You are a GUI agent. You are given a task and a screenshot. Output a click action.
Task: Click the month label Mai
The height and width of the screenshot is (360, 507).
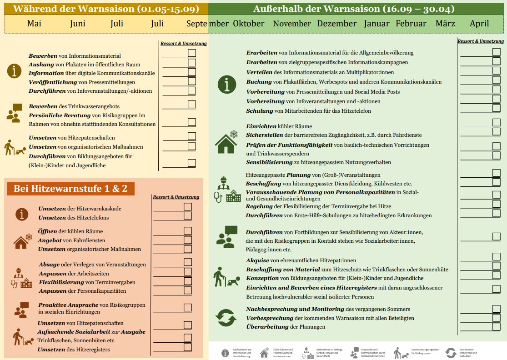point(34,24)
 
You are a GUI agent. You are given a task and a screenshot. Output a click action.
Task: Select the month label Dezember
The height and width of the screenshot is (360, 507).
point(337,24)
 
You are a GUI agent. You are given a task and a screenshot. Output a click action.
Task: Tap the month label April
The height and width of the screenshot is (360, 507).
point(479,24)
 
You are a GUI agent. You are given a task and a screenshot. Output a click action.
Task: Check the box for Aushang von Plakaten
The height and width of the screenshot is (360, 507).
point(192,63)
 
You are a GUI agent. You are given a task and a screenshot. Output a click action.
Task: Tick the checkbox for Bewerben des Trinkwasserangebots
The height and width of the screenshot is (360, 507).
point(192,105)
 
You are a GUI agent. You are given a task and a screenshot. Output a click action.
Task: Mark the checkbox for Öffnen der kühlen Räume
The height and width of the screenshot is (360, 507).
point(188,230)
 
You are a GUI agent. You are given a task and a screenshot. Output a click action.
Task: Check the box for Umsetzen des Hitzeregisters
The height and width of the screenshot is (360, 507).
point(188,347)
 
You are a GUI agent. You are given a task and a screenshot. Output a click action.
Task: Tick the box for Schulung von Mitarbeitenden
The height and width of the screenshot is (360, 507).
point(496,108)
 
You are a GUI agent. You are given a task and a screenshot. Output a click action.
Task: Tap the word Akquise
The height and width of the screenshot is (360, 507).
point(257,260)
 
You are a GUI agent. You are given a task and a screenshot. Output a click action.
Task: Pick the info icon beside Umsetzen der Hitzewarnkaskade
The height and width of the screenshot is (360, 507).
point(21,214)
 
